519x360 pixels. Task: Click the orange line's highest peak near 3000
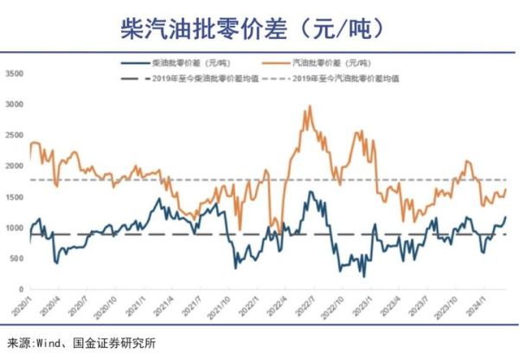coord(310,106)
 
